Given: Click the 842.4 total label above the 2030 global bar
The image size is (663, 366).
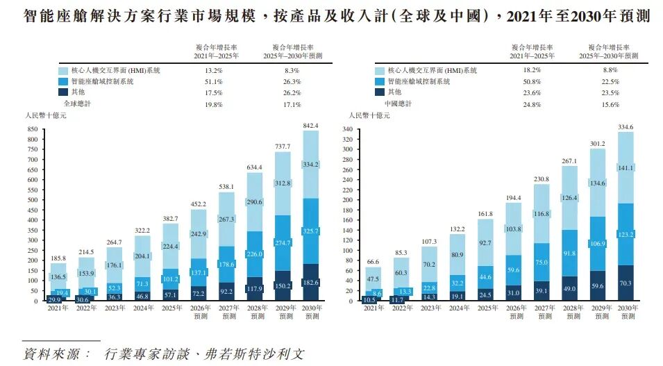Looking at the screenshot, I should click(x=310, y=125).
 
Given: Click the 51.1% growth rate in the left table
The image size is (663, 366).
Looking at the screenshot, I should click(x=212, y=81).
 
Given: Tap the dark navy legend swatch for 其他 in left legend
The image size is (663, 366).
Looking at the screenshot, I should click(x=64, y=92).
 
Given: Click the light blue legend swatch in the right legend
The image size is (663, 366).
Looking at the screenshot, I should click(x=380, y=70).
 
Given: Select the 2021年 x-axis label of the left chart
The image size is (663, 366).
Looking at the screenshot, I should click(x=58, y=308).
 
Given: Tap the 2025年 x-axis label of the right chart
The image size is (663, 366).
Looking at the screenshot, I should click(x=486, y=308).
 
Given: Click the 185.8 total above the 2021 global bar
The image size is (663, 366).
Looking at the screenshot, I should click(x=58, y=258).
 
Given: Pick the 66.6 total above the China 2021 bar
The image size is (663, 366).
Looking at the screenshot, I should click(x=374, y=261).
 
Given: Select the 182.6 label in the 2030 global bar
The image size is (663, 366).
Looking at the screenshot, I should click(x=310, y=283).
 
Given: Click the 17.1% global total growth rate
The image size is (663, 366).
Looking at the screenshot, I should click(x=292, y=104).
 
